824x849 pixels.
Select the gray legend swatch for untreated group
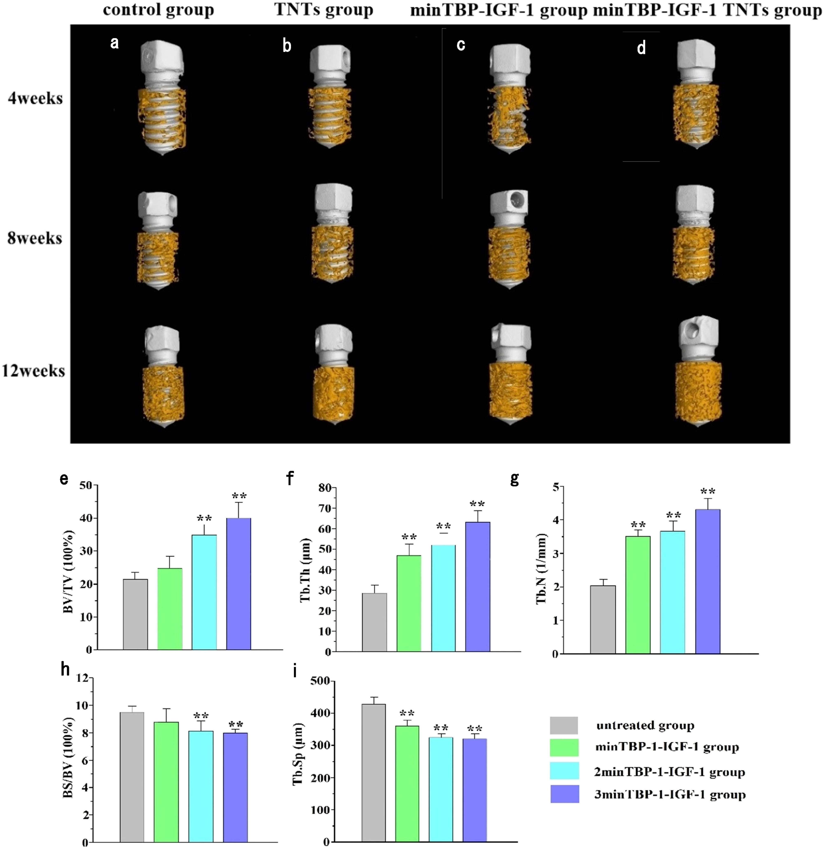pyautogui.click(x=564, y=725)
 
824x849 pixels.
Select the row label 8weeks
pyautogui.click(x=35, y=238)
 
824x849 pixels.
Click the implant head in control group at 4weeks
pyautogui.click(x=161, y=59)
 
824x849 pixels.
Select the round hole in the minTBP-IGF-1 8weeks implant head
pyautogui.click(x=517, y=199)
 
